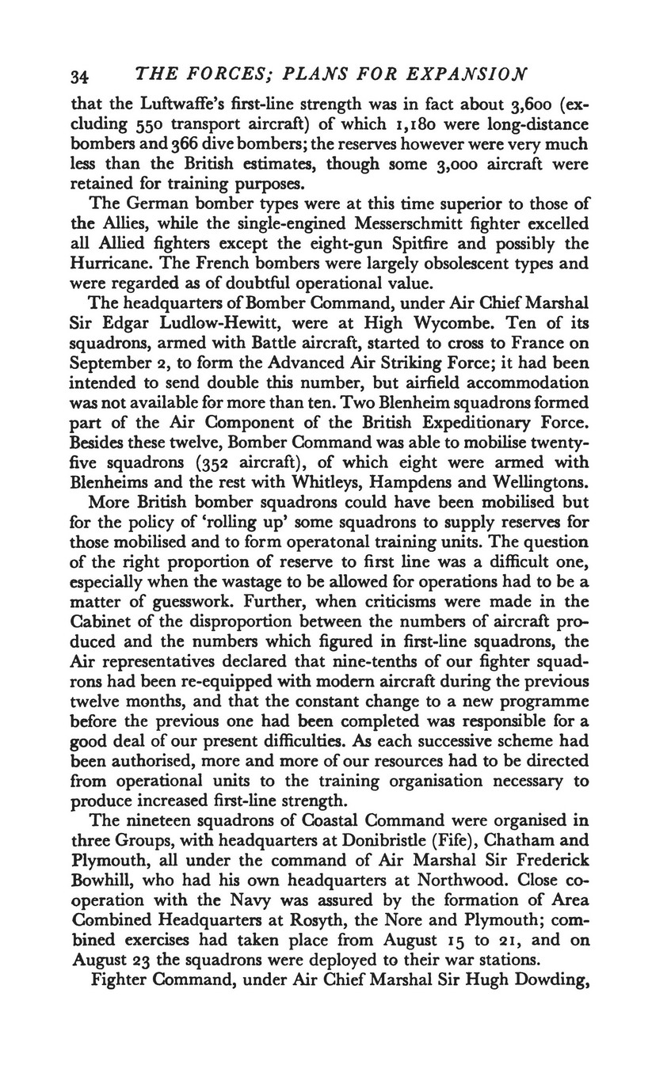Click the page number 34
tap(78, 77)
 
